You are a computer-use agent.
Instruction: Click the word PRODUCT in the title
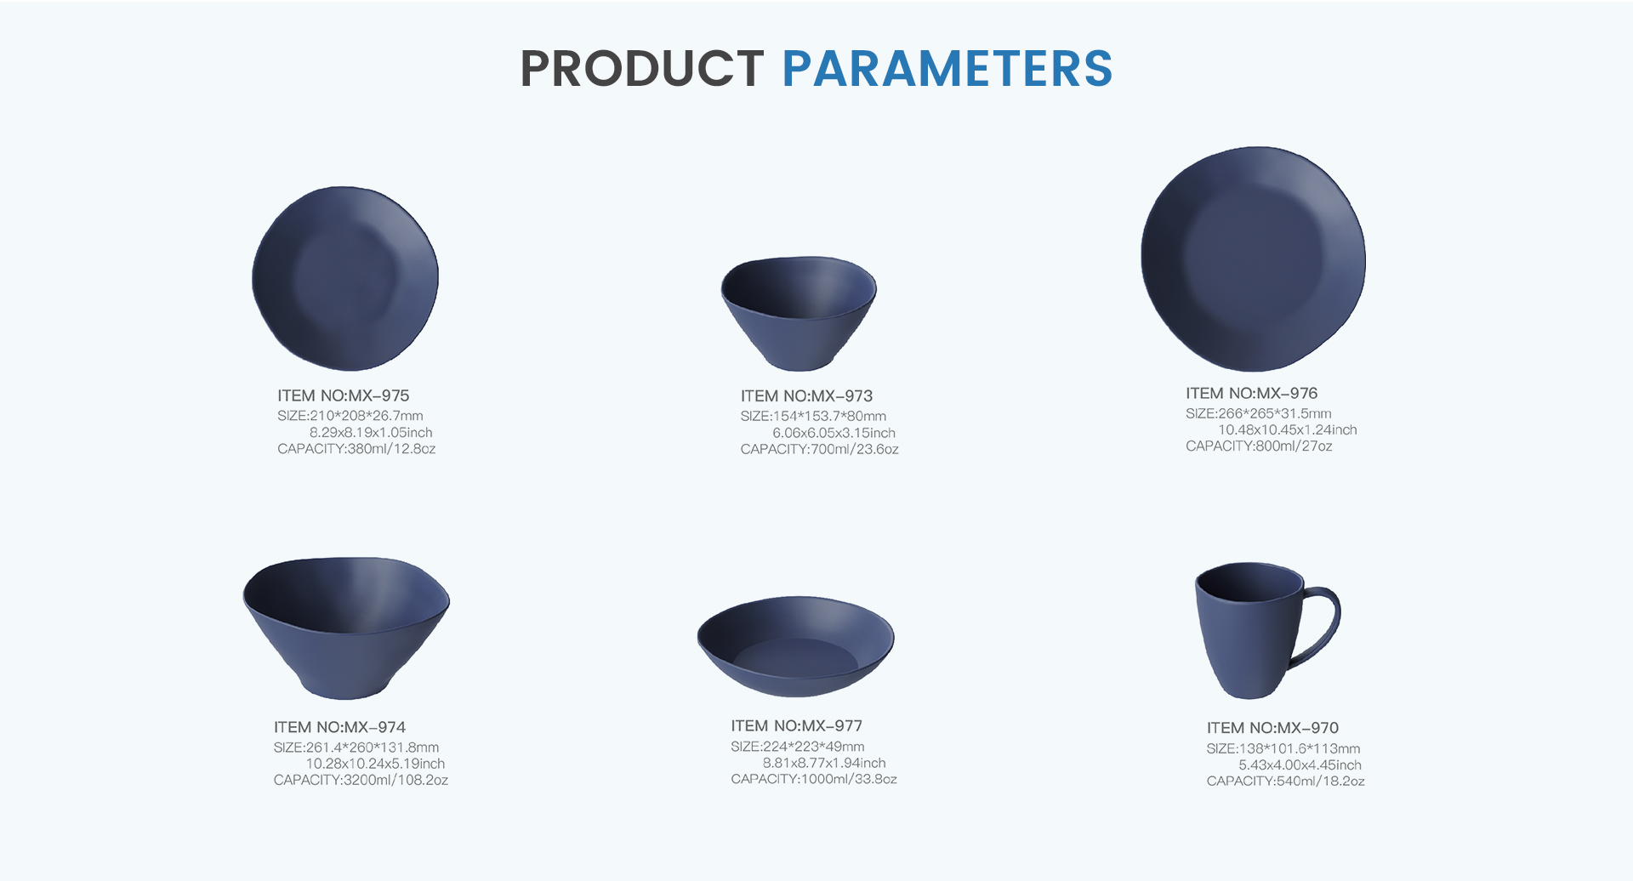pyautogui.click(x=642, y=69)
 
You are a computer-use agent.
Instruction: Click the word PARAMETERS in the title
pyautogui.click(x=947, y=69)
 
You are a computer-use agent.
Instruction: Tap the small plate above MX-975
pyautogui.click(x=345, y=279)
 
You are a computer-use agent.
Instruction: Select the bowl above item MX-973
pyautogui.click(x=799, y=313)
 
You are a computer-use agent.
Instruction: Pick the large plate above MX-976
pyautogui.click(x=1253, y=259)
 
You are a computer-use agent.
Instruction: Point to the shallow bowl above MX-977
pyautogui.click(x=796, y=646)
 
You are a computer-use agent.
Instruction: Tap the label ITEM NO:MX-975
pyautogui.click(x=343, y=395)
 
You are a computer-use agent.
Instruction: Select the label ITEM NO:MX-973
pyautogui.click(x=806, y=396)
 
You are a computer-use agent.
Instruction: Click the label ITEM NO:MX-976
pyautogui.click(x=1252, y=394)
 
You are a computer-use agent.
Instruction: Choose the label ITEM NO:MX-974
pyautogui.click(x=339, y=727)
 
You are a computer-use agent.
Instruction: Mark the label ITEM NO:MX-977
pyautogui.click(x=797, y=726)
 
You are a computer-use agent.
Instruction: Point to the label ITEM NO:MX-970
pyautogui.click(x=1272, y=728)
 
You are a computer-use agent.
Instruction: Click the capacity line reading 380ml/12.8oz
pyautogui.click(x=356, y=449)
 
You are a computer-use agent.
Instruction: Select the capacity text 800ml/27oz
pyautogui.click(x=1259, y=446)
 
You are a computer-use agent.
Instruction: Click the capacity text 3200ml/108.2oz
pyautogui.click(x=361, y=781)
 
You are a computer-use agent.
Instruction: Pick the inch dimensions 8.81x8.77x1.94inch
pyautogui.click(x=824, y=764)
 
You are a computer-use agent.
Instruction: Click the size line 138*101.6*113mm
pyautogui.click(x=1283, y=749)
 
